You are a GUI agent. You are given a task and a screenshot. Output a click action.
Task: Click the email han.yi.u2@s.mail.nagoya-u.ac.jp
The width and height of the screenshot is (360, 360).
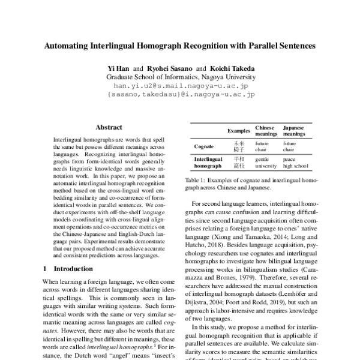pyautogui.click(x=181, y=86)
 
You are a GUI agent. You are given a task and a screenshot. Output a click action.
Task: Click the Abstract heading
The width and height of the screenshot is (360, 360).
pyautogui.click(x=109, y=127)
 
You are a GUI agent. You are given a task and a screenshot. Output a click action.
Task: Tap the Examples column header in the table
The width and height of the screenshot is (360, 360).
pyautogui.click(x=239, y=131)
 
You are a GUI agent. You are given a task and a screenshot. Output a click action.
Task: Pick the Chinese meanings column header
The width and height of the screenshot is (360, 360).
pyautogui.click(x=265, y=131)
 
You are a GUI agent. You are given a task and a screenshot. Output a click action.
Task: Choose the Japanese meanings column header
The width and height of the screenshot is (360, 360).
pyautogui.click(x=293, y=131)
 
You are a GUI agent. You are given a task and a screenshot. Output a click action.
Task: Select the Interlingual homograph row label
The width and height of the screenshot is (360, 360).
pyautogui.click(x=208, y=162)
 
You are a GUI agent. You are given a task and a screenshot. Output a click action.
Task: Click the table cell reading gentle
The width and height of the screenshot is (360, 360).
pyautogui.click(x=262, y=159)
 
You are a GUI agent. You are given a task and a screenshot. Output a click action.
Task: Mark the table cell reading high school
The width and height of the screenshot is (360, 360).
pyautogui.click(x=296, y=166)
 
